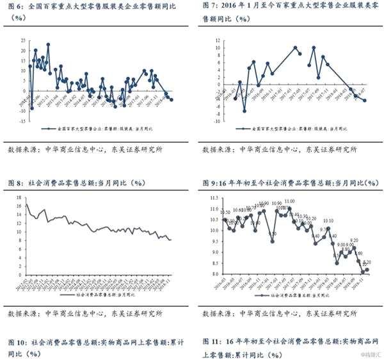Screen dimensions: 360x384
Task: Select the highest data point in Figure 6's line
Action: coord(48,45)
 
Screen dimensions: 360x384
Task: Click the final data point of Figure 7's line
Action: coord(365,101)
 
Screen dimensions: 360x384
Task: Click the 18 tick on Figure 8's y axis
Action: coord(19,197)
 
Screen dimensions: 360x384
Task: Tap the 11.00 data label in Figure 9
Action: coord(290,201)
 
